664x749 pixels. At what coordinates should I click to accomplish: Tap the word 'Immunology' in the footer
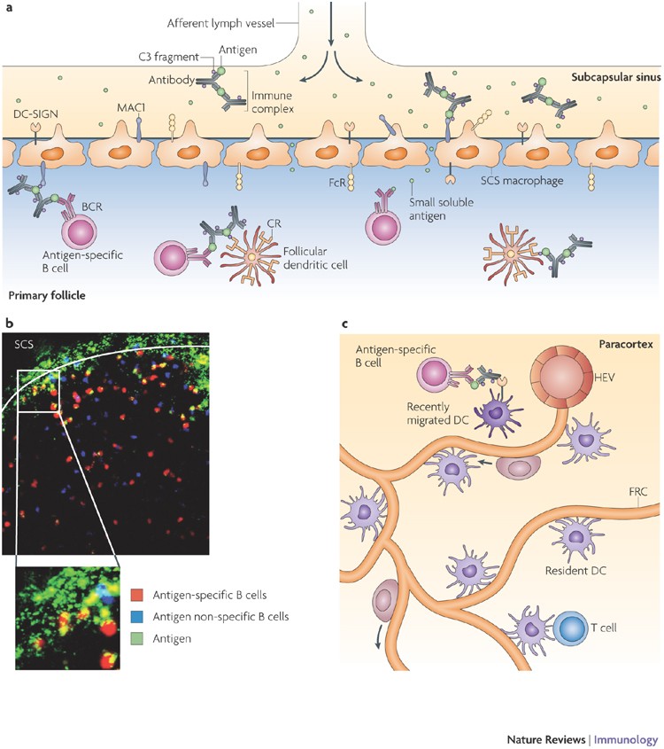(626, 737)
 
